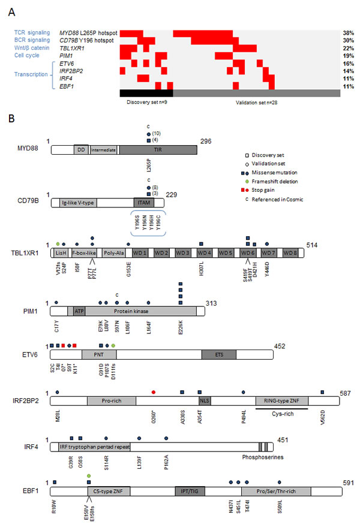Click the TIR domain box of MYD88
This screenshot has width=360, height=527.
pyautogui.click(x=157, y=149)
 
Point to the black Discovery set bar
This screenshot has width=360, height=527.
pyautogui.click(x=146, y=93)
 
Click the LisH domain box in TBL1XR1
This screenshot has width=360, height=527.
pyautogui.click(x=61, y=254)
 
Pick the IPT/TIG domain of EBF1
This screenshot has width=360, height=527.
pyautogui.click(x=186, y=490)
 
